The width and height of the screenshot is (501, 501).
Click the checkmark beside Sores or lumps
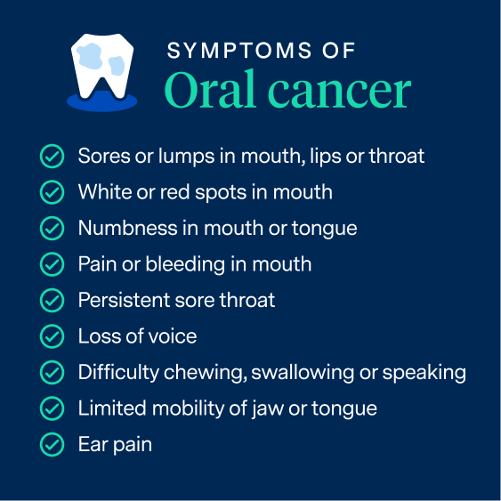pos(53,157)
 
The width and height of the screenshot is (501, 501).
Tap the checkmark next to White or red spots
pos(53,192)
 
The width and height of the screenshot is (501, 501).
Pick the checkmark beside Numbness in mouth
pos(53,229)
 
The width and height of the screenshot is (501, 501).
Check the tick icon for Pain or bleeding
pos(53,264)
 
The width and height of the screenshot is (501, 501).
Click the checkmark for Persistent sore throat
pos(53,301)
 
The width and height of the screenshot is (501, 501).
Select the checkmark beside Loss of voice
pos(53,336)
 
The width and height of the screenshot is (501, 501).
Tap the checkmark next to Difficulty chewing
pos(53,373)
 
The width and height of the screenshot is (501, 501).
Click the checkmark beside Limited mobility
pos(53,408)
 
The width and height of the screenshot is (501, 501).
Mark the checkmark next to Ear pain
pos(53,445)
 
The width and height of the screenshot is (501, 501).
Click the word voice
pos(173,336)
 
